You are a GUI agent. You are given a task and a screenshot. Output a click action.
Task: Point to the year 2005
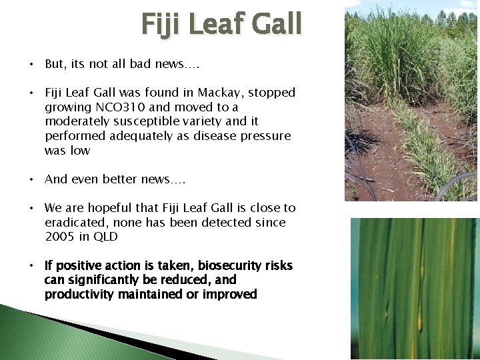tap(61, 237)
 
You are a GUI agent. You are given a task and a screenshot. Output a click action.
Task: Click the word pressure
tap(268, 136)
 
